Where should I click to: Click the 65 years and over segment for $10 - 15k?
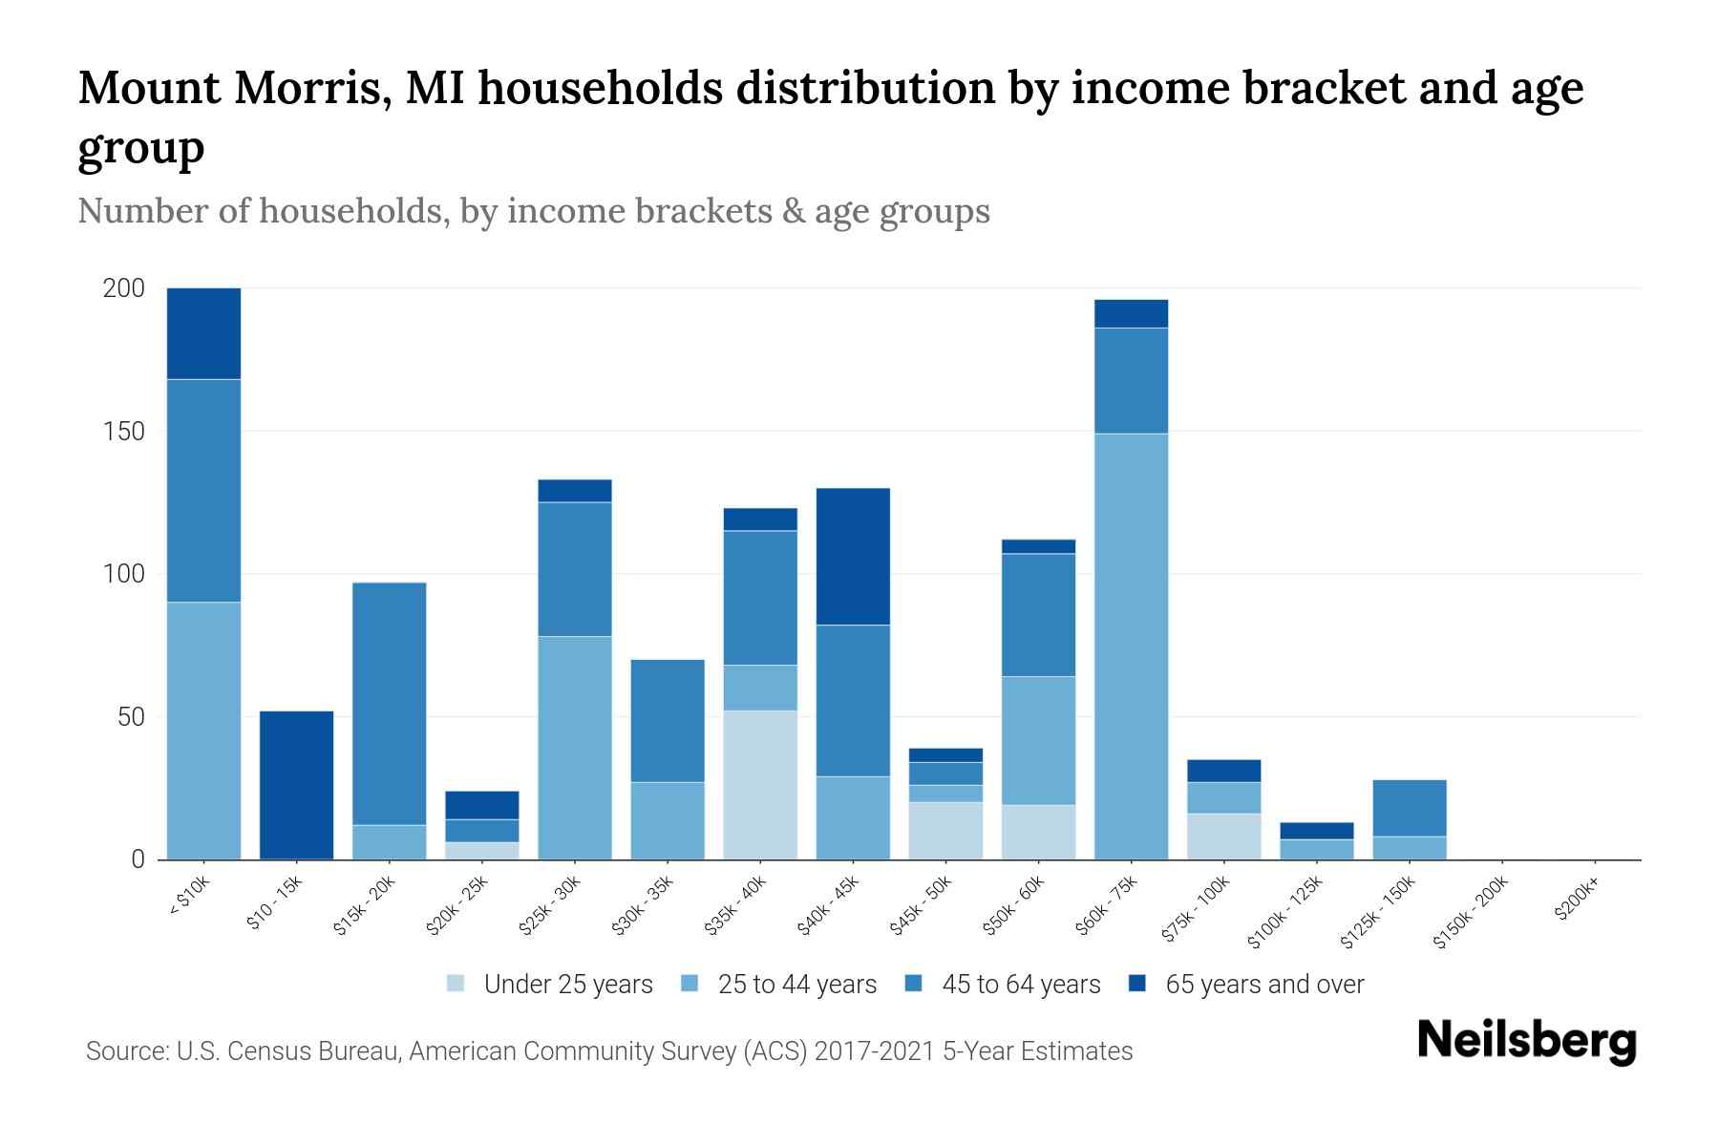(x=296, y=785)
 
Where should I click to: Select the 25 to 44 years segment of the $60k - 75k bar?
(x=1131, y=647)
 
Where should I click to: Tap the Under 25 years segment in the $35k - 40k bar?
(x=760, y=785)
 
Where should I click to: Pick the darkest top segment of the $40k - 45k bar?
(x=853, y=557)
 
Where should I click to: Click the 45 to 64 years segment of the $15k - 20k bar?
(x=389, y=704)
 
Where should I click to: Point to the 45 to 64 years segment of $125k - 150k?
(x=1410, y=808)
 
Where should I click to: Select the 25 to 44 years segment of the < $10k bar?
(x=203, y=731)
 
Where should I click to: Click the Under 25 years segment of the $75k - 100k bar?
(x=1223, y=837)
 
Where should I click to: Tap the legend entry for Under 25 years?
(x=567, y=985)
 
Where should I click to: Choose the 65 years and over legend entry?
(x=1263, y=985)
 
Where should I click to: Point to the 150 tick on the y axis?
(x=123, y=432)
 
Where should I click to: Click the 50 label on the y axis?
(x=131, y=717)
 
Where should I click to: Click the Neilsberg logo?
(x=1525, y=1042)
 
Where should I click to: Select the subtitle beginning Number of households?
(x=533, y=211)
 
